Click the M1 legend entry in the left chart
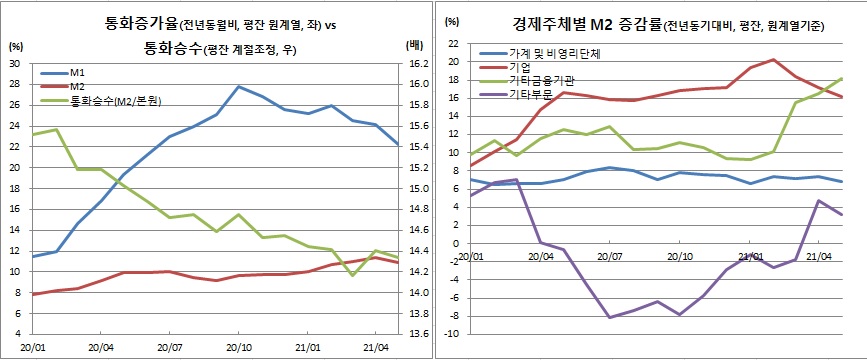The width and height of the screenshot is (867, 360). coord(75,73)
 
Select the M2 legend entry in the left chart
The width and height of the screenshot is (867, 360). coord(75,87)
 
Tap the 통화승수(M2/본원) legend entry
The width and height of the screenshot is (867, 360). coord(110,101)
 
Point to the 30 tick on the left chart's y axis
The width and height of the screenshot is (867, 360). coord(15,63)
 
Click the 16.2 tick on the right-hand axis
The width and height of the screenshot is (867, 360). coord(419,63)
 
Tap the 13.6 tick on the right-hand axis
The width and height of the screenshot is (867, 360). coord(419,334)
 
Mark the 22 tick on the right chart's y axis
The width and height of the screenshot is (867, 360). coord(453,44)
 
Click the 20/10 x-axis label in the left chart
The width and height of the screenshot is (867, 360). coord(237,348)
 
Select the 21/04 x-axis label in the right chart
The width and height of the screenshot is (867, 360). coord(819,257)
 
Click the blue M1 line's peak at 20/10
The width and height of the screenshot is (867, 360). coord(238,86)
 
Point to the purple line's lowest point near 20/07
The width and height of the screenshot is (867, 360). coord(609,317)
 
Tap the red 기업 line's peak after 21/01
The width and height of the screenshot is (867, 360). coord(774,60)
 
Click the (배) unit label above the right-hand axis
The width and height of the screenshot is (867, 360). coord(416,45)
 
